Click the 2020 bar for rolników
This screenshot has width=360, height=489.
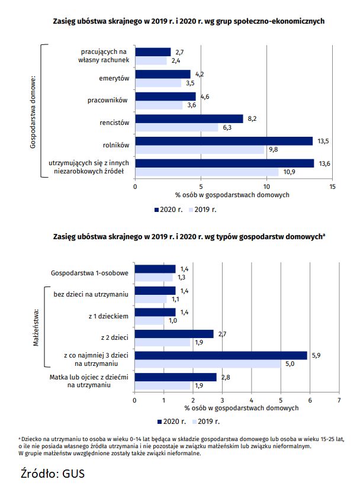click(x=224, y=141)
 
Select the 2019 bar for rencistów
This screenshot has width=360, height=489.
click(x=176, y=127)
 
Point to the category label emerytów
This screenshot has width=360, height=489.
click(x=114, y=78)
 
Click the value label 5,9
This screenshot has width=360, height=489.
click(x=316, y=355)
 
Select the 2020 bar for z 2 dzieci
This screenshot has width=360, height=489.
click(x=174, y=334)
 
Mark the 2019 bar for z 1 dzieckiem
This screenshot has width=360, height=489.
click(x=149, y=320)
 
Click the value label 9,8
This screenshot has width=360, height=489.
click(x=274, y=149)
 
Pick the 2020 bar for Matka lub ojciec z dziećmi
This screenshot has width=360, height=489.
click(x=176, y=377)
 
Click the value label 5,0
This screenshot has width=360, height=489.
click(x=290, y=363)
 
